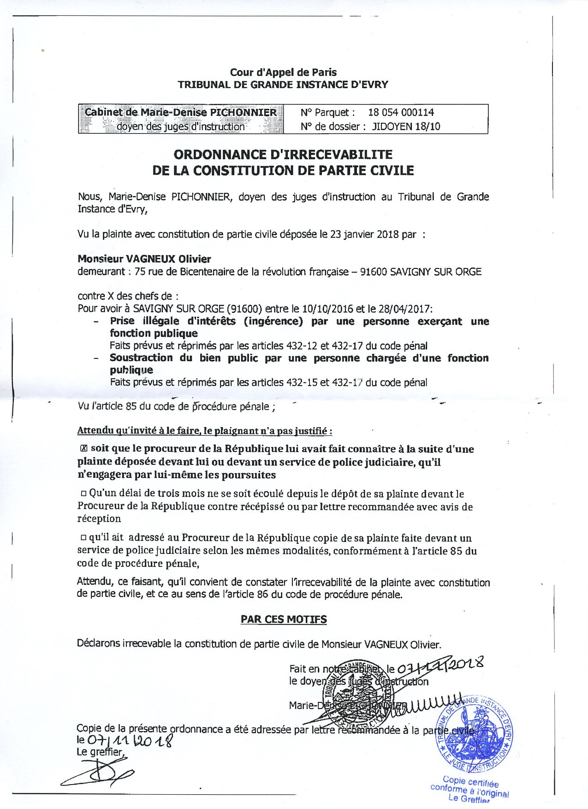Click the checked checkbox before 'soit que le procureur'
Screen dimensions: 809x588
point(83,448)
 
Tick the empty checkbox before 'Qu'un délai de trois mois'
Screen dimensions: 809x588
point(84,494)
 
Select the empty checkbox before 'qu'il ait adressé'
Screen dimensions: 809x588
point(83,538)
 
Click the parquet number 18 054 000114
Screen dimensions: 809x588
point(401,112)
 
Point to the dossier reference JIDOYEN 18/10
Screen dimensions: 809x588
point(406,126)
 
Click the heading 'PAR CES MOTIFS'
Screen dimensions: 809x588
point(284,619)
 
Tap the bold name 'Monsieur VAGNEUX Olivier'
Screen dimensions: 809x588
point(144,259)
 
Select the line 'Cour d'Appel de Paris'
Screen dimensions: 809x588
point(283,72)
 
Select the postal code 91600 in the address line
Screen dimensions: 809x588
point(374,272)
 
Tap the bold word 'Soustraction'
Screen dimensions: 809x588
point(141,358)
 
